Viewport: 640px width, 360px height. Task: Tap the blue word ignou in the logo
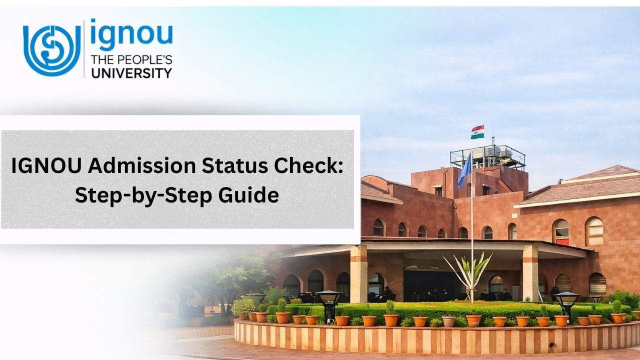click(x=131, y=35)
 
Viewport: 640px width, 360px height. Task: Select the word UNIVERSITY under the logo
click(x=130, y=73)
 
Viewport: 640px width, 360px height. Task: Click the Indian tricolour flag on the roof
click(x=477, y=132)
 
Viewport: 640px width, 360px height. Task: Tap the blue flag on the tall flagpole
click(x=464, y=170)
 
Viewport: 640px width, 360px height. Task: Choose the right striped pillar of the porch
click(x=530, y=272)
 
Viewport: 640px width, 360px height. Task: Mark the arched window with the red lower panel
click(x=561, y=232)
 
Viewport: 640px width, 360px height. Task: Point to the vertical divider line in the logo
click(x=84, y=49)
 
